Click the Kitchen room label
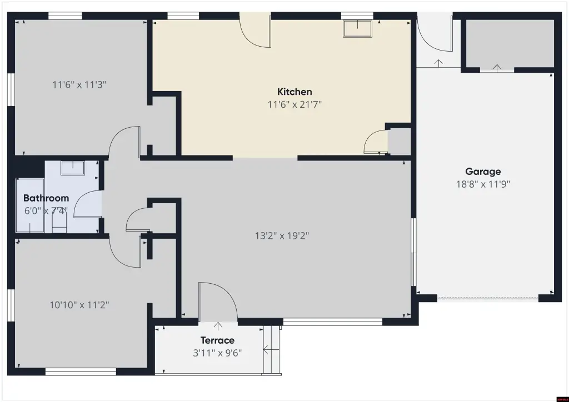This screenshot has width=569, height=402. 295,92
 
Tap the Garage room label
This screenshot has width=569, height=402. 483,172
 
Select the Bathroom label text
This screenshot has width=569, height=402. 46,198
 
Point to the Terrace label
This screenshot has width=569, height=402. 217,340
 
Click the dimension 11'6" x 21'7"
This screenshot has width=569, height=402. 295,104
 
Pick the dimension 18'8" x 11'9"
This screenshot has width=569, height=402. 483,184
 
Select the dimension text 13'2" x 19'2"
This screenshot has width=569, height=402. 282,236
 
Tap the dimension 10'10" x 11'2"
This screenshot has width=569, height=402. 79,305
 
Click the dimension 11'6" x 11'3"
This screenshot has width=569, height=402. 79,85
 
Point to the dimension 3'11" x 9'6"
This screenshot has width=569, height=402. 217,353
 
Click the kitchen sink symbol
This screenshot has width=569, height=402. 358,28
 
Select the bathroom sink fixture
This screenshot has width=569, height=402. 73,168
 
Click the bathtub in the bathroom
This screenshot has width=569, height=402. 30,205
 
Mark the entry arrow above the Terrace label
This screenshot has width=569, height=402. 218,326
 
